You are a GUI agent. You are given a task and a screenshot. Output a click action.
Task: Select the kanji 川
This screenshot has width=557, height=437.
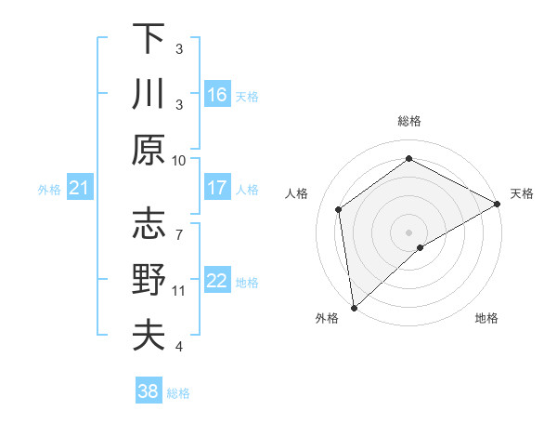[x=149, y=94]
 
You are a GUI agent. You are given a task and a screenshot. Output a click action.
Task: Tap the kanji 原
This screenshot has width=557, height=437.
[x=149, y=150]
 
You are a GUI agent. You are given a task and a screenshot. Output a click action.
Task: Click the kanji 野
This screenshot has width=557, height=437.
[x=149, y=280]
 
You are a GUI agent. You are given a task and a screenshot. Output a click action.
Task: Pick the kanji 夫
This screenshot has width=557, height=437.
[x=149, y=335]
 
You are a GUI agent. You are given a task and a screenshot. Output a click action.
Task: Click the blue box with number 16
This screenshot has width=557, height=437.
[x=217, y=94]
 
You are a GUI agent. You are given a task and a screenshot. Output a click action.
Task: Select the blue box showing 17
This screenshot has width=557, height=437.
[x=217, y=188]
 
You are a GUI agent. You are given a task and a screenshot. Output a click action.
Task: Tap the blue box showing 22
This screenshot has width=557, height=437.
[x=217, y=281]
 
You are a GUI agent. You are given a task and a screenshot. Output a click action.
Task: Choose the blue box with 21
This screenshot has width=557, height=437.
[x=79, y=189]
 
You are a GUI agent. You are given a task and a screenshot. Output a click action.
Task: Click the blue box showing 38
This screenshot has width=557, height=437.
[x=149, y=391]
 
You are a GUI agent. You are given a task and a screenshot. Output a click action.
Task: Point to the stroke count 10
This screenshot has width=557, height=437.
[x=179, y=160]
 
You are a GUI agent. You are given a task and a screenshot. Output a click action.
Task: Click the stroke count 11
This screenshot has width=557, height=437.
[x=179, y=290]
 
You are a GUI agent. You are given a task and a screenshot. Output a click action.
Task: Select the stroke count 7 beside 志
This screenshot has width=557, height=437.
[x=179, y=225]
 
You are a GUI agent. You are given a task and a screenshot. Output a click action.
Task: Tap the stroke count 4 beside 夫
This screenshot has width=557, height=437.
[x=179, y=347]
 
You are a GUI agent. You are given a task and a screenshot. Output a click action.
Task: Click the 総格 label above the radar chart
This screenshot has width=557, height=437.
[x=409, y=121]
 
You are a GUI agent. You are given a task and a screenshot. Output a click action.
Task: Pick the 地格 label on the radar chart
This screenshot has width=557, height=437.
[x=486, y=319]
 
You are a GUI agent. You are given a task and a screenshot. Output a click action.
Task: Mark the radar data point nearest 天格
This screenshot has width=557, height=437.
[x=498, y=204]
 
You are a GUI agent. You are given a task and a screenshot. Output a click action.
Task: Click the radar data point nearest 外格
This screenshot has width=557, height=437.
[x=354, y=307]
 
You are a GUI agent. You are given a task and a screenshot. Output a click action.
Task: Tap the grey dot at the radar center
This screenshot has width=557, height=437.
[x=409, y=231]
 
